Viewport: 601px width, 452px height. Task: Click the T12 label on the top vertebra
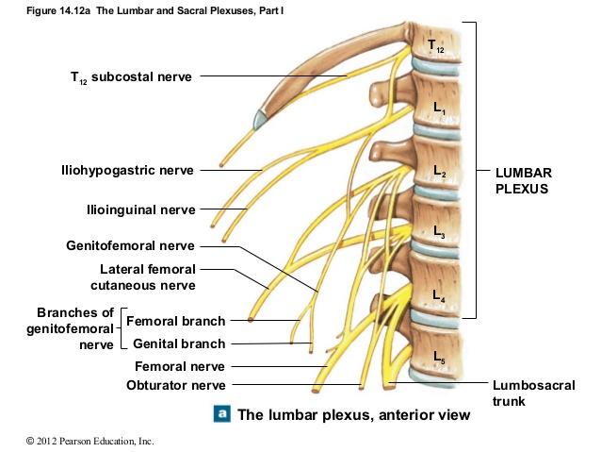(434, 45)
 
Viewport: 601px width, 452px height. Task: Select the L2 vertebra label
(439, 171)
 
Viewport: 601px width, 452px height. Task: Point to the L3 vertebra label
(439, 231)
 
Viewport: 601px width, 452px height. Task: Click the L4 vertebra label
(439, 296)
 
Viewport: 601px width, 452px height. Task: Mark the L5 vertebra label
(439, 356)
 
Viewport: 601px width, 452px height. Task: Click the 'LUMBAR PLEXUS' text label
(523, 181)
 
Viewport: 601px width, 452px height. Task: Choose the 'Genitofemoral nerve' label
(130, 246)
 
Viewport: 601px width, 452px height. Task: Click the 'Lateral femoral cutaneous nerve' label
(142, 277)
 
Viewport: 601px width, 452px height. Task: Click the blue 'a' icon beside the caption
(222, 413)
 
